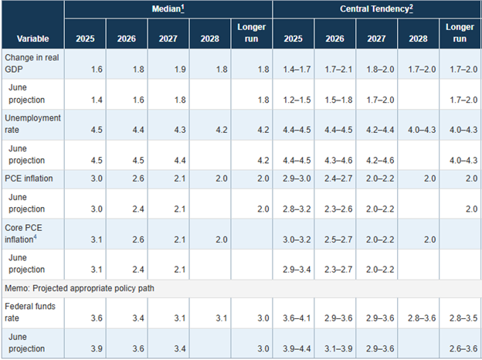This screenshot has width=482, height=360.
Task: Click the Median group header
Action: [x=168, y=9]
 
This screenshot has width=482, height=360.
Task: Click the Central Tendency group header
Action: [x=376, y=9]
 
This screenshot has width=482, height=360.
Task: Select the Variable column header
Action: [x=33, y=39]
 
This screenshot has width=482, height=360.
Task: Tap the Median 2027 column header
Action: [x=168, y=39]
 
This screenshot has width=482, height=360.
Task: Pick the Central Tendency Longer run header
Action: [x=460, y=33]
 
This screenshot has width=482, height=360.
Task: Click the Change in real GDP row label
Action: [x=32, y=63]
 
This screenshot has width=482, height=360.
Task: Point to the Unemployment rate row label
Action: [x=32, y=124]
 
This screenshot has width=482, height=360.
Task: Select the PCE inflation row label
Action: [x=29, y=178]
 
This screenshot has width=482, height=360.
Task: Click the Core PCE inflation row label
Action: [x=23, y=233]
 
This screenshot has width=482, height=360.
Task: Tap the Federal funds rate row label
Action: [x=30, y=312]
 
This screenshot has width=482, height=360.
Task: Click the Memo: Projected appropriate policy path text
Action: [x=80, y=288]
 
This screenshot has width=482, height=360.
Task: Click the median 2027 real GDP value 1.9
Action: [x=180, y=70]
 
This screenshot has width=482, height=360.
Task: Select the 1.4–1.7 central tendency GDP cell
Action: [x=297, y=70]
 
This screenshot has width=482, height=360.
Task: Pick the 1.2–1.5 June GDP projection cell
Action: [x=297, y=100]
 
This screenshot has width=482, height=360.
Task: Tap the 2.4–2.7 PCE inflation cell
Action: [x=338, y=178]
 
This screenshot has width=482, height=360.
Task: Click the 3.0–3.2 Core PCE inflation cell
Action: [x=297, y=239]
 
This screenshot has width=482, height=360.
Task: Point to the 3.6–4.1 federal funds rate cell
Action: [x=297, y=318]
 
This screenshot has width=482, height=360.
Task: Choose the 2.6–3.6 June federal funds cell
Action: [x=463, y=349]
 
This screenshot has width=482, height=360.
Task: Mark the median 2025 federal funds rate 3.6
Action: [x=97, y=318]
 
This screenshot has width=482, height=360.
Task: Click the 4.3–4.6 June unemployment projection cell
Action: [x=338, y=161]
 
